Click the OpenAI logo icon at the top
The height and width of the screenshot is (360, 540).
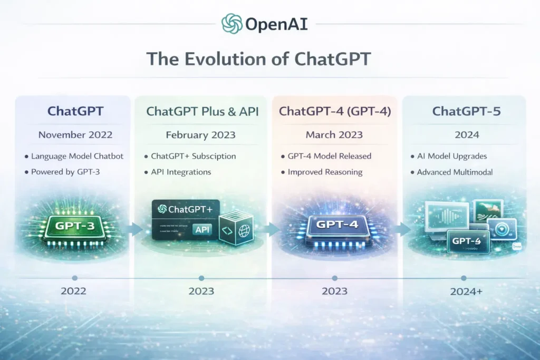click(x=232, y=24)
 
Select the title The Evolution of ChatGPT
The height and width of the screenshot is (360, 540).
click(x=258, y=59)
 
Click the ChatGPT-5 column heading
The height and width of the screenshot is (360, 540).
click(x=464, y=111)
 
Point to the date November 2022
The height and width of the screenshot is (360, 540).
click(x=75, y=134)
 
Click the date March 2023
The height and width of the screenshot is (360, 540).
click(x=335, y=134)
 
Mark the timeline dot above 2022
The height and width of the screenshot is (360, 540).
click(x=75, y=278)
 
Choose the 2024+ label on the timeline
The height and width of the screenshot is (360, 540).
click(x=464, y=291)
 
